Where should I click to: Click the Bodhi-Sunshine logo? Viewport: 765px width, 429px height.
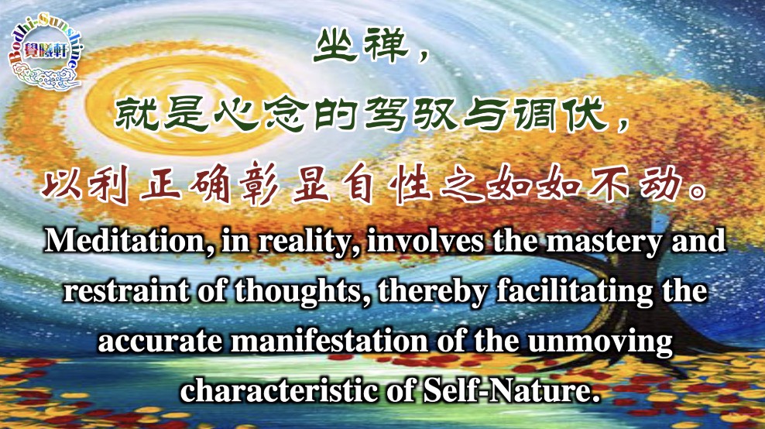coord(46,52)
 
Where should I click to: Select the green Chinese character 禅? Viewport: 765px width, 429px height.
coord(386,46)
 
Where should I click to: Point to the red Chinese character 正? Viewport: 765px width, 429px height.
coord(161,184)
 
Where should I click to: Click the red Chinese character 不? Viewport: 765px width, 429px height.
coord(609,184)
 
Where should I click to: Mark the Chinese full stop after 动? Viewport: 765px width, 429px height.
coord(696,191)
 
